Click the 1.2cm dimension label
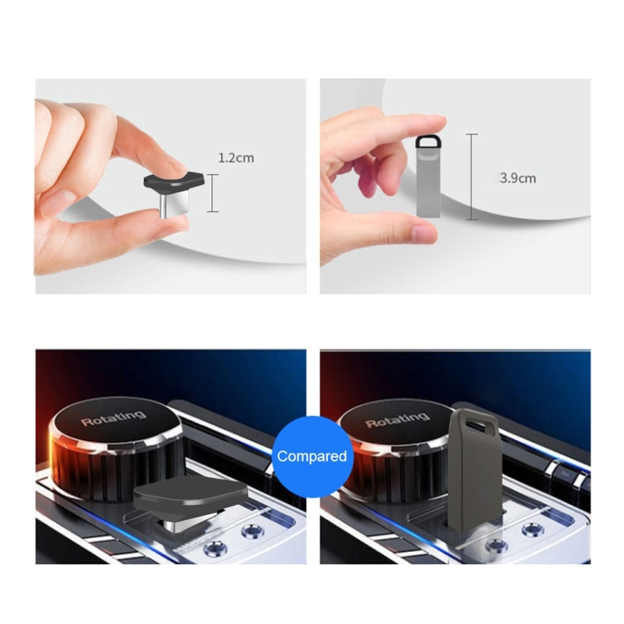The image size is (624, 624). pos(235,157)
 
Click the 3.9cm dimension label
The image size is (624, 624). pos(518,177)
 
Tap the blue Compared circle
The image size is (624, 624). pos(312,456)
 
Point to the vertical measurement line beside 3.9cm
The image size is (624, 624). pos(472,176)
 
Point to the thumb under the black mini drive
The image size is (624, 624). pos(125,229)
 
